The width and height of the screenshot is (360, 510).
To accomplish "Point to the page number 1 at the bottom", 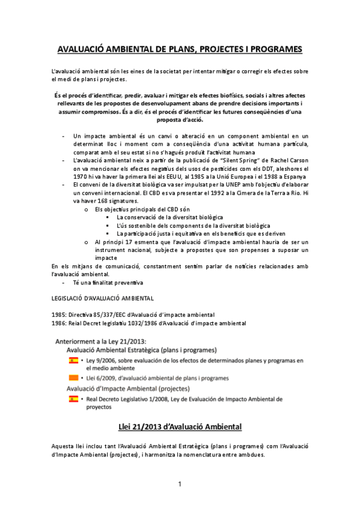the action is pyautogui.click(x=180, y=484).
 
